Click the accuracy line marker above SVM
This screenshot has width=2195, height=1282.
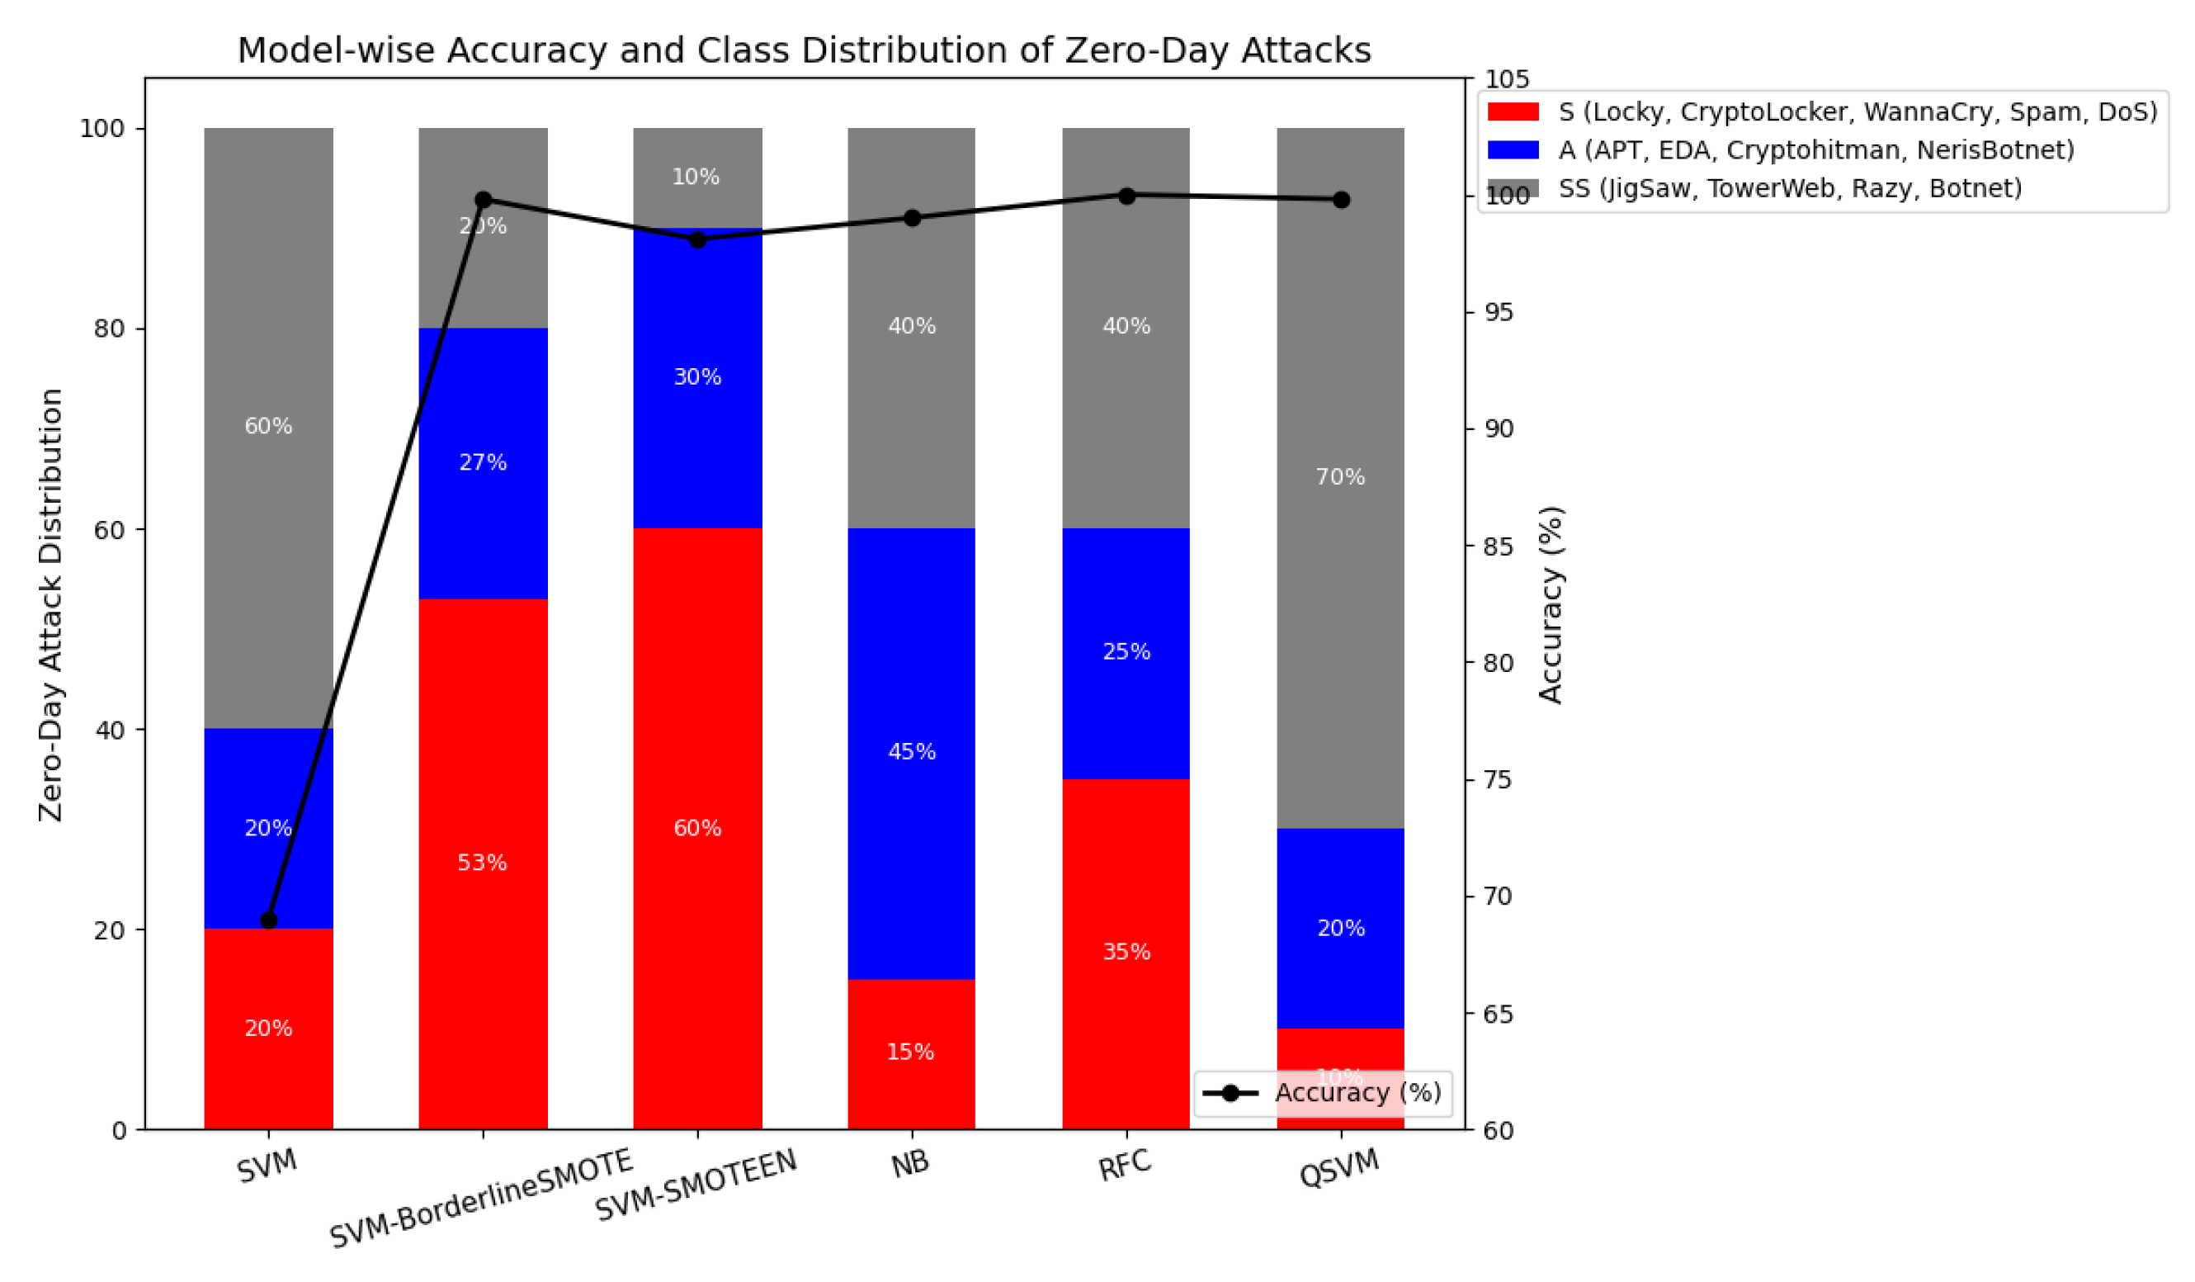(x=268, y=920)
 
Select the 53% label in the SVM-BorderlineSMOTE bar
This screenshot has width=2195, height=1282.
(x=482, y=863)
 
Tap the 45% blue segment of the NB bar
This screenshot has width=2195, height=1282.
(x=911, y=752)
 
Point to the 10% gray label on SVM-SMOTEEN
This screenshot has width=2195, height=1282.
(x=696, y=177)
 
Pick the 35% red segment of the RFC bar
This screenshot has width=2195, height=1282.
(x=1126, y=953)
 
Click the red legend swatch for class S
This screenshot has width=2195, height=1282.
(x=1513, y=111)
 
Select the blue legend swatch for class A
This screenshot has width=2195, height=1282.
(x=1513, y=150)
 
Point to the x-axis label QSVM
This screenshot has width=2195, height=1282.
(x=1338, y=1168)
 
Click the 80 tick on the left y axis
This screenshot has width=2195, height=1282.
(x=109, y=329)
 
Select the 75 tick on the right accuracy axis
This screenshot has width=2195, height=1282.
(x=1499, y=780)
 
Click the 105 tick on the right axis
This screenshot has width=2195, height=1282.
(x=1506, y=79)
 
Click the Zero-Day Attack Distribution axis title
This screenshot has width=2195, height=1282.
(x=50, y=605)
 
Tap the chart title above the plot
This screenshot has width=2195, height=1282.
(x=804, y=50)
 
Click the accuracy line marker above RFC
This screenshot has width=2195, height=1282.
(x=1126, y=196)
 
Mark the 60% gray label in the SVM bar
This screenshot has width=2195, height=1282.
(x=268, y=426)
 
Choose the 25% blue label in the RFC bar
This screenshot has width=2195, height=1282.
(x=1126, y=652)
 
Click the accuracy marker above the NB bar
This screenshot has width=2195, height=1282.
(x=912, y=218)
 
